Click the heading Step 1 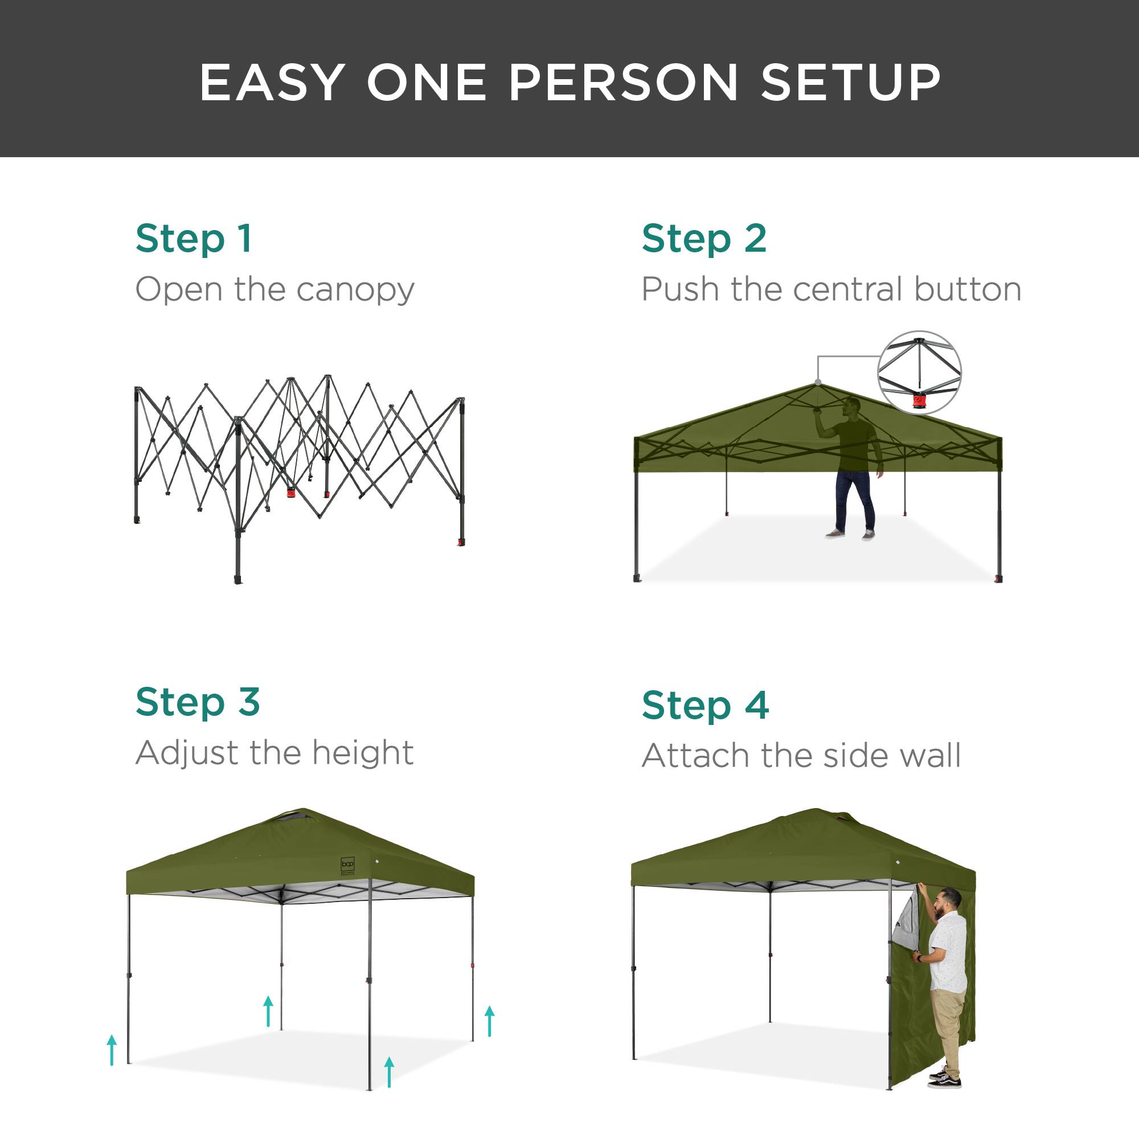pos(194,239)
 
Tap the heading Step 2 pos(704,239)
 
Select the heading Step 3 pos(198,703)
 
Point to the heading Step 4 pos(705,706)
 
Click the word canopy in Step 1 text pos(355,290)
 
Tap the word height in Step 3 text pos(363,753)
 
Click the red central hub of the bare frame pos(290,492)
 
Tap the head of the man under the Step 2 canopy pos(852,406)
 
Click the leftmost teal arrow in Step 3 pos(112,1050)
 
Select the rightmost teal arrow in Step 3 pos(489,1021)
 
